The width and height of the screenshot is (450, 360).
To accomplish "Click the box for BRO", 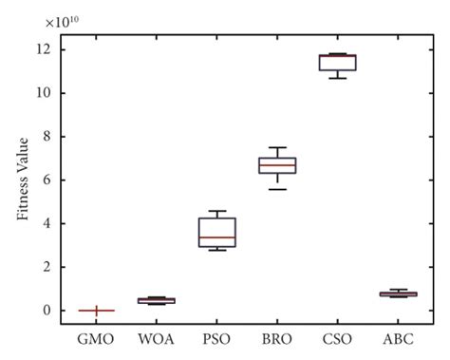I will (277, 165).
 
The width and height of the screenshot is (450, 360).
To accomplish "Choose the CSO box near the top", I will (337, 63).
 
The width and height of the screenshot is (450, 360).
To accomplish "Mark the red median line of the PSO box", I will (216, 237).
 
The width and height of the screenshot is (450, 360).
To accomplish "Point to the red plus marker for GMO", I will (97, 311).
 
